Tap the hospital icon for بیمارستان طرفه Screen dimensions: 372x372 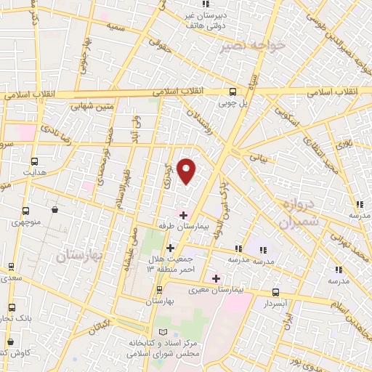183,215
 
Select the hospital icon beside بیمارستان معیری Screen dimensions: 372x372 216,278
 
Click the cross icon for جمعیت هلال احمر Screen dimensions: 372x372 169,248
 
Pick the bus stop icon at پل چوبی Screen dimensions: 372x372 232,92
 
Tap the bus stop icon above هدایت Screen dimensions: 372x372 34,161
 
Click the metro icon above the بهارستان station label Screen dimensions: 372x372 159,288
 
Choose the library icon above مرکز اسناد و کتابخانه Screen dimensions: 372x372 172,332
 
